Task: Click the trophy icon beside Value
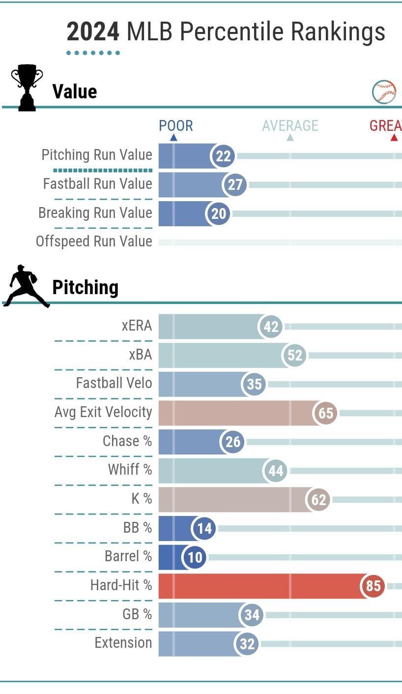[27, 87]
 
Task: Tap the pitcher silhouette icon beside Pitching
[26, 286]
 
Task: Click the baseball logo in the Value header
[384, 91]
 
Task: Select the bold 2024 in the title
[93, 32]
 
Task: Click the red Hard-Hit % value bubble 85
[373, 586]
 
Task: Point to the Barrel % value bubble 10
[195, 557]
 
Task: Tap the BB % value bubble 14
[204, 528]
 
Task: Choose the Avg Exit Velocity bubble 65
[326, 413]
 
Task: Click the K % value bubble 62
[318, 500]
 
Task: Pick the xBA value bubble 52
[294, 355]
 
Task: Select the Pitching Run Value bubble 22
[223, 156]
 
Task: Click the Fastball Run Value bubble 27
[235, 185]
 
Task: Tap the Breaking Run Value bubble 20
[218, 214]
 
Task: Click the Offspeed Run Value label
[94, 241]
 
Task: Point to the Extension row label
[123, 643]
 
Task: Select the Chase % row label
[127, 441]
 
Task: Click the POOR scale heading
[175, 126]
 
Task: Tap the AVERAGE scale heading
[290, 126]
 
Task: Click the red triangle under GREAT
[394, 138]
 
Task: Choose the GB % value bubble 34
[252, 615]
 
